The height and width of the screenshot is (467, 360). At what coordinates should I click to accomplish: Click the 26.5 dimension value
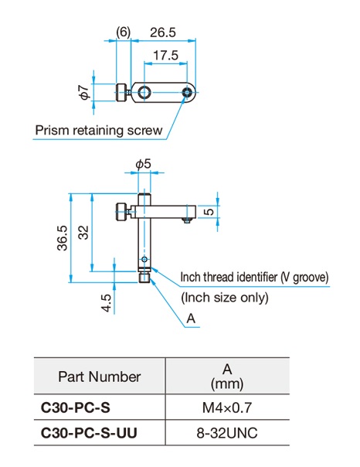click(163, 32)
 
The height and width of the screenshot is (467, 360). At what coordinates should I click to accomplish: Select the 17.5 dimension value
click(165, 56)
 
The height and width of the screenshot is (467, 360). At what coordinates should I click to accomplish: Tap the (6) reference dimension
click(123, 32)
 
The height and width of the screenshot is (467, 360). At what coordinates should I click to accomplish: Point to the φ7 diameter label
click(84, 92)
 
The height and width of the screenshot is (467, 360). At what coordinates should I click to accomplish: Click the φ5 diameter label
click(144, 164)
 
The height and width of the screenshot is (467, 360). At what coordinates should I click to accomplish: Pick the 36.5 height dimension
click(63, 238)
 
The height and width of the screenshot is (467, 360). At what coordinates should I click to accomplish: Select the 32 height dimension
click(83, 233)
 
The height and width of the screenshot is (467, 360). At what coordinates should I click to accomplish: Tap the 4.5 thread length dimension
click(106, 303)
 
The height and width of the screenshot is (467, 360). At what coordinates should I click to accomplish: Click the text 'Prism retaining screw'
click(99, 131)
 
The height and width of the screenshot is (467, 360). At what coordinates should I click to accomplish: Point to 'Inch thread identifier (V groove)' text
click(255, 278)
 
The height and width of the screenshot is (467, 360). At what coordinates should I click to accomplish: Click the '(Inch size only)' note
click(225, 298)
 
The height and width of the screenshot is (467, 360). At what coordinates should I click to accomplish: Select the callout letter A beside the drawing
click(191, 319)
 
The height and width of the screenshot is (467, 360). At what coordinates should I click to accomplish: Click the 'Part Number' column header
click(100, 377)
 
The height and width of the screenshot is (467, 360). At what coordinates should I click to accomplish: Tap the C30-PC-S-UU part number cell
click(89, 433)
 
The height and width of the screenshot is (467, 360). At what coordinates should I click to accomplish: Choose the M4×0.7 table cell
click(227, 407)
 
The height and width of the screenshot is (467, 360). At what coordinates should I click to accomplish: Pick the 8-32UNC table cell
click(227, 433)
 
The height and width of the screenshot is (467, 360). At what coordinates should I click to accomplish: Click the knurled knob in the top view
click(121, 92)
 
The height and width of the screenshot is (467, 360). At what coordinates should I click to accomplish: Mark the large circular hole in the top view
click(144, 93)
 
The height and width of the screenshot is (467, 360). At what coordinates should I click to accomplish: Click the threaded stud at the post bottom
click(144, 277)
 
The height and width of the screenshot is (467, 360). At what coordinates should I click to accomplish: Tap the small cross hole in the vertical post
click(144, 259)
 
